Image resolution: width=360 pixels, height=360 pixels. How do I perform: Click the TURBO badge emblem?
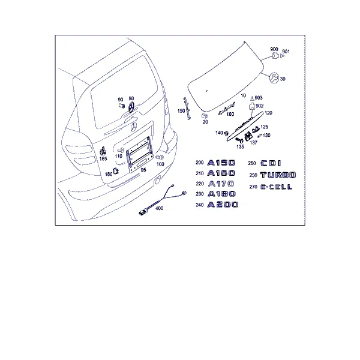click(278, 175)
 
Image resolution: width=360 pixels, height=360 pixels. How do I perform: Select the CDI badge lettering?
click(271, 163)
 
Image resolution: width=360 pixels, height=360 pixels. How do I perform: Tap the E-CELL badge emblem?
click(277, 187)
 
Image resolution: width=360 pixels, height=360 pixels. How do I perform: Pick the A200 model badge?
click(223, 205)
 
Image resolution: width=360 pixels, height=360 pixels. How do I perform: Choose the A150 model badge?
click(221, 163)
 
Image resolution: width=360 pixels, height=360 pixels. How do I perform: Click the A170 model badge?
click(221, 184)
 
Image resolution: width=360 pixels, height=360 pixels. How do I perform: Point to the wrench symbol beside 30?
click(274, 78)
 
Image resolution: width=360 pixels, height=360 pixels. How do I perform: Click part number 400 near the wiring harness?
click(160, 208)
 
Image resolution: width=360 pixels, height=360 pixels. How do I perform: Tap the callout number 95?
click(143, 170)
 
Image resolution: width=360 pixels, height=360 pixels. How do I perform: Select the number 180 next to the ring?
click(109, 174)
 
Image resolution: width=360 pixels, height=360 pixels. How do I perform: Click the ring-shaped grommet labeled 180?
click(116, 171)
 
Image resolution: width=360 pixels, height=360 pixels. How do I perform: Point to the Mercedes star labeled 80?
click(131, 107)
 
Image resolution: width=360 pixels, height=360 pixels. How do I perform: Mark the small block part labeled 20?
click(205, 116)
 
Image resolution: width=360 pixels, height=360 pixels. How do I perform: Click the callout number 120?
click(268, 113)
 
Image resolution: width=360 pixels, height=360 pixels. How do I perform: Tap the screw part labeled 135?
click(239, 140)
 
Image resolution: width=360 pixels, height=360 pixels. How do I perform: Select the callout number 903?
click(259, 98)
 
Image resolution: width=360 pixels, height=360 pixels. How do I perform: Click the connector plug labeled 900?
click(275, 56)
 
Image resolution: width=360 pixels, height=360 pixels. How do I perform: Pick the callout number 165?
click(103, 158)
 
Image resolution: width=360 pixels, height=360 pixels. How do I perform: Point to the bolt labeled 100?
click(160, 157)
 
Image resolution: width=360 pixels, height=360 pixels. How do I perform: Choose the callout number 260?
click(252, 163)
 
